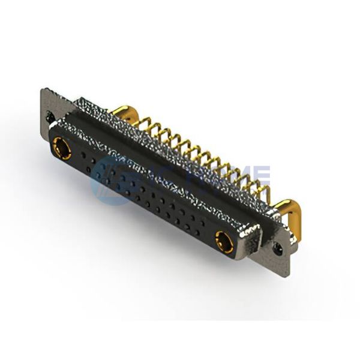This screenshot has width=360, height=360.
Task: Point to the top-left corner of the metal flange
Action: pos(43,91)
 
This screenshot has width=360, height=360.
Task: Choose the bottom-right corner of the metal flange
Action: pos(288,275)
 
